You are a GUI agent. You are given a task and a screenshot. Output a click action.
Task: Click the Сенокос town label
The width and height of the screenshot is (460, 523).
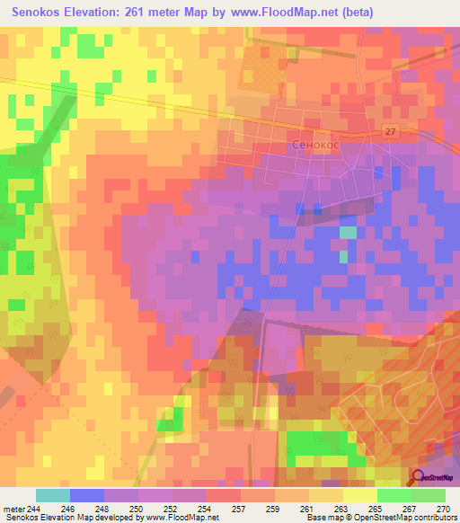pyautogui.click(x=315, y=144)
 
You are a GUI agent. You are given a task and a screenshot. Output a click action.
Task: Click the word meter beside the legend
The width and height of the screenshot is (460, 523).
pyautogui.click(x=14, y=509)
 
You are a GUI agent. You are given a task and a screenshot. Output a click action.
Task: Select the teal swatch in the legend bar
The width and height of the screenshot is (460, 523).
pyautogui.click(x=53, y=495)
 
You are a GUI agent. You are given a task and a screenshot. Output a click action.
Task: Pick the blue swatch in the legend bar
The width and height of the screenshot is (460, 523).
pyautogui.click(x=87, y=495)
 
